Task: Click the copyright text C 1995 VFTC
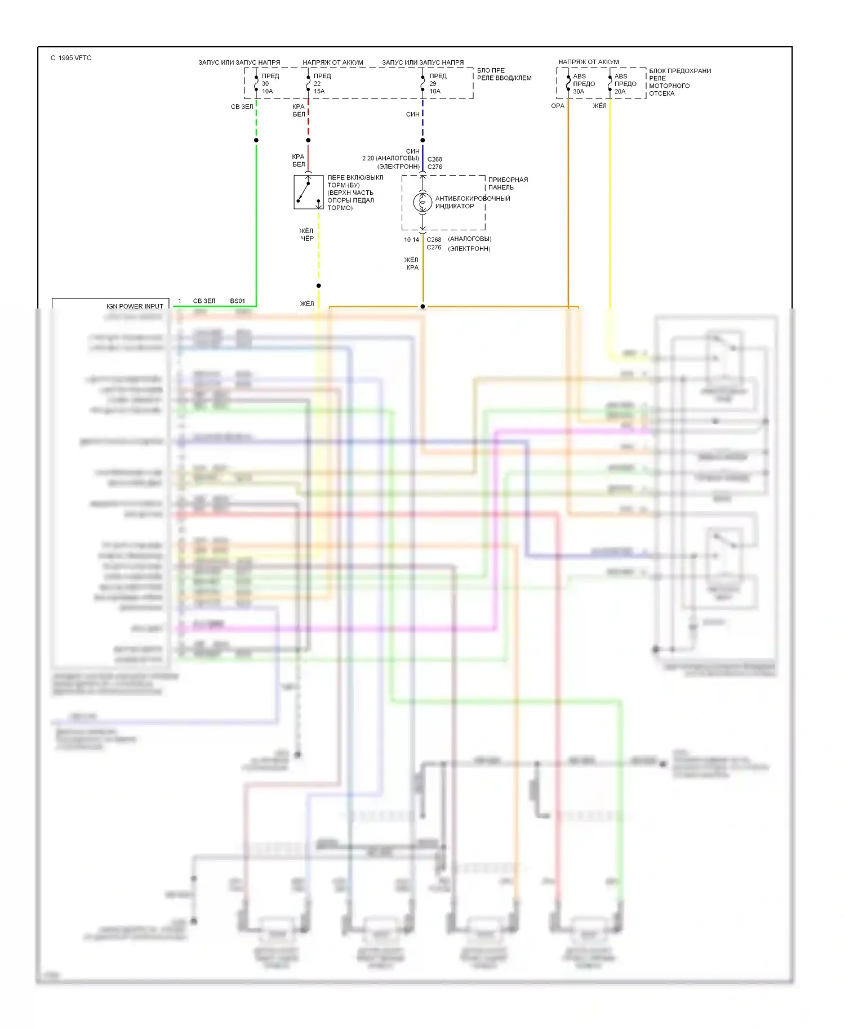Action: [71, 58]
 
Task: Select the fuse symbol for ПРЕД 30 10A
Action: [256, 83]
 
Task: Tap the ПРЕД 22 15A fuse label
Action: [322, 83]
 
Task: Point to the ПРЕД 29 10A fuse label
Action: [437, 83]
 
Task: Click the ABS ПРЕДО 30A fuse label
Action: [583, 84]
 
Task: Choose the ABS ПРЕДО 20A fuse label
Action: [625, 84]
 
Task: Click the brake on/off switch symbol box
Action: [308, 192]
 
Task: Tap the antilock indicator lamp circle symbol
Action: [422, 202]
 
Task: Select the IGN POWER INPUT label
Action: [135, 306]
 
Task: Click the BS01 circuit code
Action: [238, 301]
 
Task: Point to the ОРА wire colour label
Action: [558, 106]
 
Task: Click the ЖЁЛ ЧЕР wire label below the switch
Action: [306, 235]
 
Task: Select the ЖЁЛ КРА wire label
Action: [411, 263]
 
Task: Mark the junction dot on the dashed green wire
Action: [256, 140]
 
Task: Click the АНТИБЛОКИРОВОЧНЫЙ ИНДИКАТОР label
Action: [472, 202]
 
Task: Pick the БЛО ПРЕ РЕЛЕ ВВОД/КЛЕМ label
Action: [504, 74]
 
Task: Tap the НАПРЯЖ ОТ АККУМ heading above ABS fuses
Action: [588, 62]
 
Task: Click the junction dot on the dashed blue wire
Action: [422, 140]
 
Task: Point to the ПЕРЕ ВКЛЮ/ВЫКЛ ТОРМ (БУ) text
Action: [355, 181]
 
